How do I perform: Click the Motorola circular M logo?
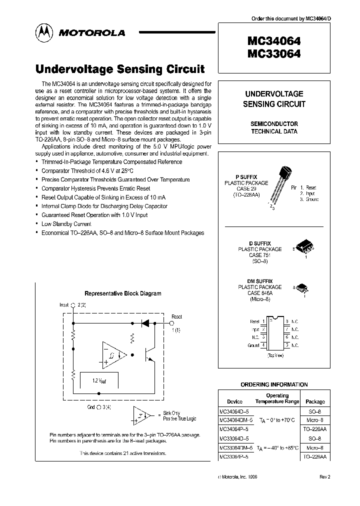43,33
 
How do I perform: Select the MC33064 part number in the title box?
273,54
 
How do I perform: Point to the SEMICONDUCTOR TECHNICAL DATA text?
273,127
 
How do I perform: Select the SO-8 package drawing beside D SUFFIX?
303,247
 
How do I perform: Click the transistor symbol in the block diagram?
148,354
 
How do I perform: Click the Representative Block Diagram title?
122,294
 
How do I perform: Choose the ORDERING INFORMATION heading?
274,384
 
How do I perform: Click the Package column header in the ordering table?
314,401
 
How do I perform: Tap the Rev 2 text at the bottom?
325,477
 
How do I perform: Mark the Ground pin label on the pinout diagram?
253,345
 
